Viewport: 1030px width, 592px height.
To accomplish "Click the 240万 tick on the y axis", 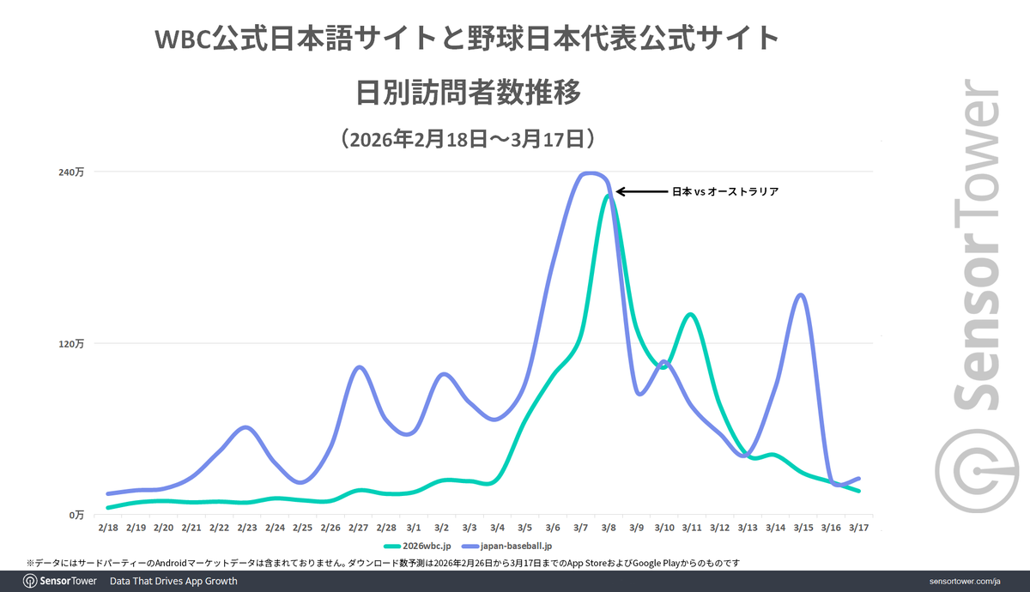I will [72, 172].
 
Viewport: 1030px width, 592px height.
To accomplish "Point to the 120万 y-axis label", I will [72, 343].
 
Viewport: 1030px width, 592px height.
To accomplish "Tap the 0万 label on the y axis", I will [76, 515].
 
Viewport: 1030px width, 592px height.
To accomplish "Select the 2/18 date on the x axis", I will [108, 528].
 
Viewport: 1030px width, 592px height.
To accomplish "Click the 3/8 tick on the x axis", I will [608, 528].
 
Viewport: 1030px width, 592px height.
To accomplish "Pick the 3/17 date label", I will [857, 528].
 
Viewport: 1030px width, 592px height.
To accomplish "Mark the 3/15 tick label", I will [802, 528].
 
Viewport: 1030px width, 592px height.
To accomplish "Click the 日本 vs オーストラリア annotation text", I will [725, 192].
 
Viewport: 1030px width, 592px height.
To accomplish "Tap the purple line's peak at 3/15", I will [801, 295].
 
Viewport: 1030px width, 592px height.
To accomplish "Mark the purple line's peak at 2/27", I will [360, 367].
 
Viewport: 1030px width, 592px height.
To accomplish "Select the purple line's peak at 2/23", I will [245, 426].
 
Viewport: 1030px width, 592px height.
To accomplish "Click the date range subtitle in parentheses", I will [467, 138].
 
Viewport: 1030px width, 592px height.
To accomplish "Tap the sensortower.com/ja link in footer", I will [966, 582].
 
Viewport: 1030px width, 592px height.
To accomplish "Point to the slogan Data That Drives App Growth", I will [173, 582].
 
